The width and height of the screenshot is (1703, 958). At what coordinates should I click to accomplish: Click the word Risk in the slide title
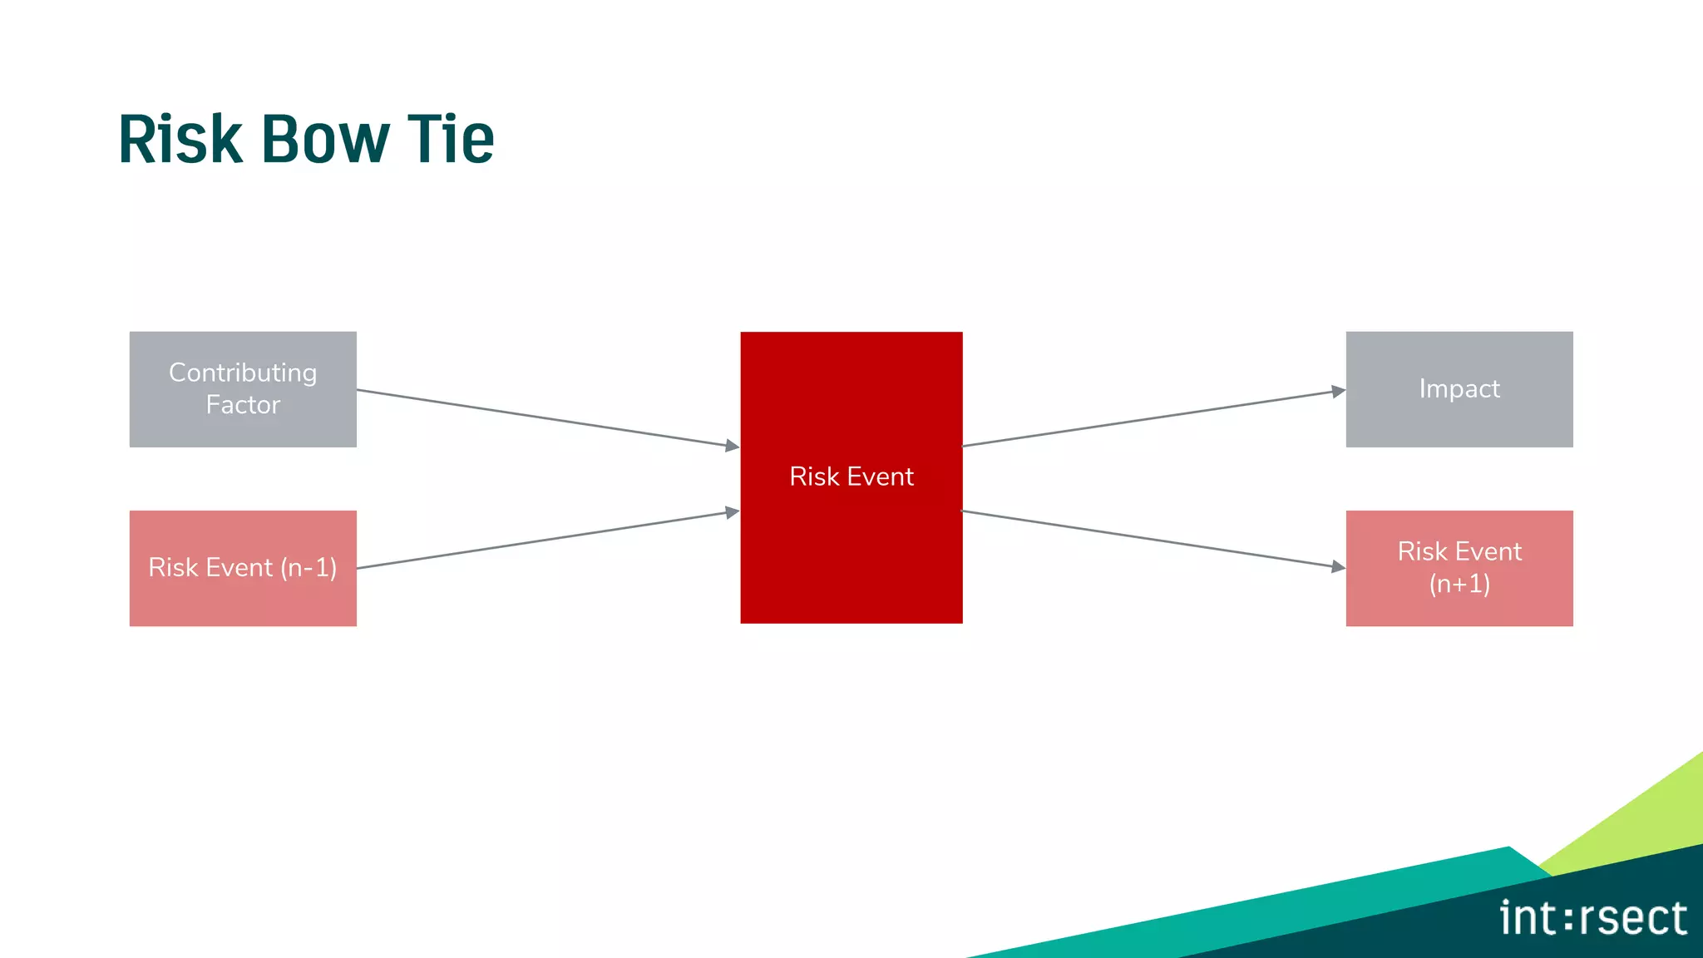(x=180, y=139)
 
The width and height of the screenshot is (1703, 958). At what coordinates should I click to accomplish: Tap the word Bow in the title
(x=325, y=139)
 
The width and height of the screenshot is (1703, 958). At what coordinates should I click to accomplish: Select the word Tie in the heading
(x=451, y=139)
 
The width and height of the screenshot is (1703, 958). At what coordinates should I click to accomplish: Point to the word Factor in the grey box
(x=243, y=405)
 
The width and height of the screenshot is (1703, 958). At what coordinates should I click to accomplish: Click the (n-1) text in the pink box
(x=309, y=568)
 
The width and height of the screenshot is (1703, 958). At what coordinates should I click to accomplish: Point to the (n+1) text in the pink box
(x=1459, y=584)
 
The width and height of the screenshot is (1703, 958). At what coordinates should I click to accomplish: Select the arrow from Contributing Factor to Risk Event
(x=545, y=417)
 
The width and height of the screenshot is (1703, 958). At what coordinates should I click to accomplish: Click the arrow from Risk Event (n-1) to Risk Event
(x=545, y=540)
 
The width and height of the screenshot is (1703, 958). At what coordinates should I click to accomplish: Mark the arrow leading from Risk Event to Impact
(x=1152, y=418)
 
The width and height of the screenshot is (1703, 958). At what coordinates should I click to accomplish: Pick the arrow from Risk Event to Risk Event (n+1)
(x=1152, y=539)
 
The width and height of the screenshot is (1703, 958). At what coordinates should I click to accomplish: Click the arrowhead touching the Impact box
(x=1338, y=391)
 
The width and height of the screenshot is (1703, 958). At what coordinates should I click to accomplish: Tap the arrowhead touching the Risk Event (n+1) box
(x=1338, y=566)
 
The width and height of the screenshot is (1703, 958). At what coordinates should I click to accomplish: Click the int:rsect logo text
(x=1592, y=919)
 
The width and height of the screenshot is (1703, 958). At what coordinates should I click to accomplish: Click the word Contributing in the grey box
(x=243, y=373)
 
